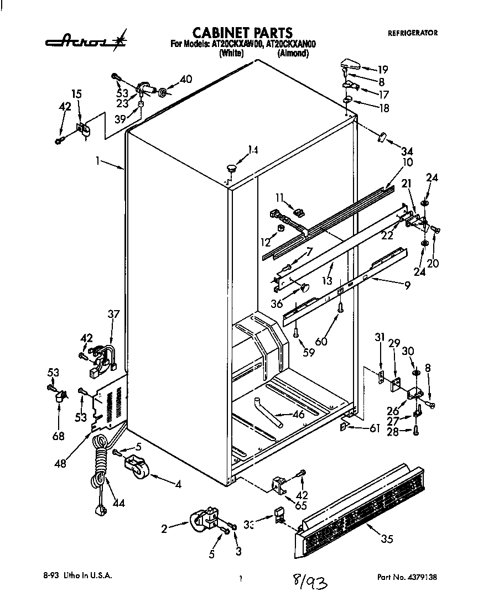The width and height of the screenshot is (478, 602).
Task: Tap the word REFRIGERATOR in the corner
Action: point(412,33)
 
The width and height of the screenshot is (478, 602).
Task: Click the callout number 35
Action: point(387,539)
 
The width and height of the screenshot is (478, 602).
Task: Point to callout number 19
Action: point(382,70)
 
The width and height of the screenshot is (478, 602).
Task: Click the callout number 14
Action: point(253,149)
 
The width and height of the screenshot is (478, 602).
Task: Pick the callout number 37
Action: point(113,315)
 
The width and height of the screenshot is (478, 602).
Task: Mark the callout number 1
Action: point(97,161)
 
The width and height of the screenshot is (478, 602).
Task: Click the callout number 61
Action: point(375,428)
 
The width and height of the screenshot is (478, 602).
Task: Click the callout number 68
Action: point(58,436)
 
